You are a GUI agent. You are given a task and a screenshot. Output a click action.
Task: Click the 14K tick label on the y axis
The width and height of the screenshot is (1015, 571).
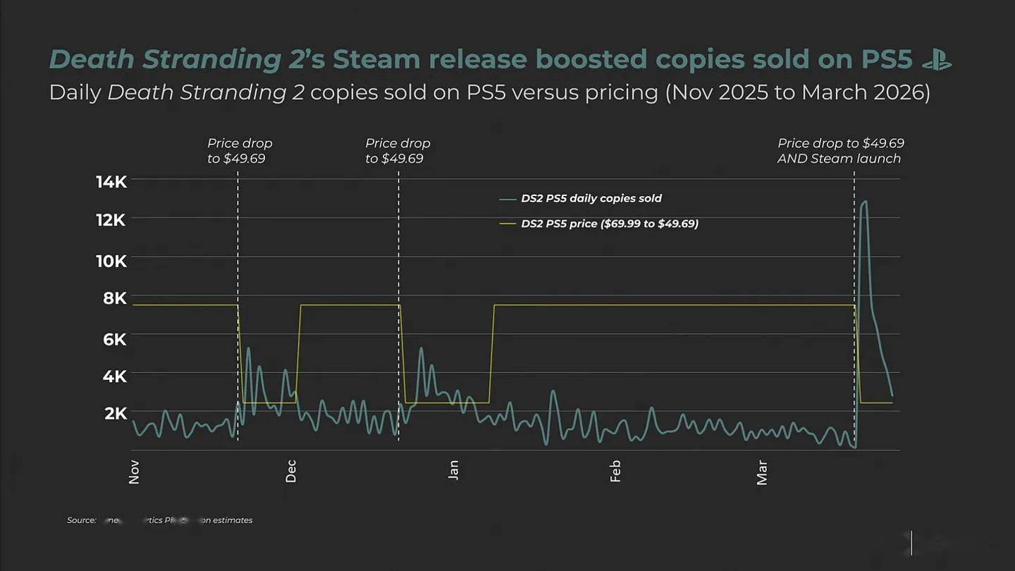(x=111, y=182)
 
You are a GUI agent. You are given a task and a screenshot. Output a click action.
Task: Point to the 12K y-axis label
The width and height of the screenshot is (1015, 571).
(x=111, y=220)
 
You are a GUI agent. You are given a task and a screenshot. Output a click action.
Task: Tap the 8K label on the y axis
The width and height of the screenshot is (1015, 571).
(x=115, y=298)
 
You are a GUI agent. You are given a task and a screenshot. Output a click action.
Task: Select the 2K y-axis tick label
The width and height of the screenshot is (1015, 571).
(x=116, y=413)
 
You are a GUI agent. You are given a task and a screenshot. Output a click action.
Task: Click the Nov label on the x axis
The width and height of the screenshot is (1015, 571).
(x=134, y=472)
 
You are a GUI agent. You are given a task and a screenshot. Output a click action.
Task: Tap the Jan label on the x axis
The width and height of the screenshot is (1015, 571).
(x=453, y=469)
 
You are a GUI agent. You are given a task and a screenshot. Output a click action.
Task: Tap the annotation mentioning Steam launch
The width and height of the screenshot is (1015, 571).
(x=839, y=151)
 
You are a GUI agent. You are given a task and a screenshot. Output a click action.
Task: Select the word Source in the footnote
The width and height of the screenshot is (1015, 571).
(x=82, y=520)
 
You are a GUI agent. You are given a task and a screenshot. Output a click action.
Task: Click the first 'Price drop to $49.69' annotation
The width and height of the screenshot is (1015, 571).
(x=240, y=151)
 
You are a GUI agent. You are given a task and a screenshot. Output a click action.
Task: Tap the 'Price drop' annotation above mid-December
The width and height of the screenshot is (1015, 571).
(x=398, y=151)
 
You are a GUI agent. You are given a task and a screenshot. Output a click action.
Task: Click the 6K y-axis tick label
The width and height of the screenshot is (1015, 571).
(x=115, y=339)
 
